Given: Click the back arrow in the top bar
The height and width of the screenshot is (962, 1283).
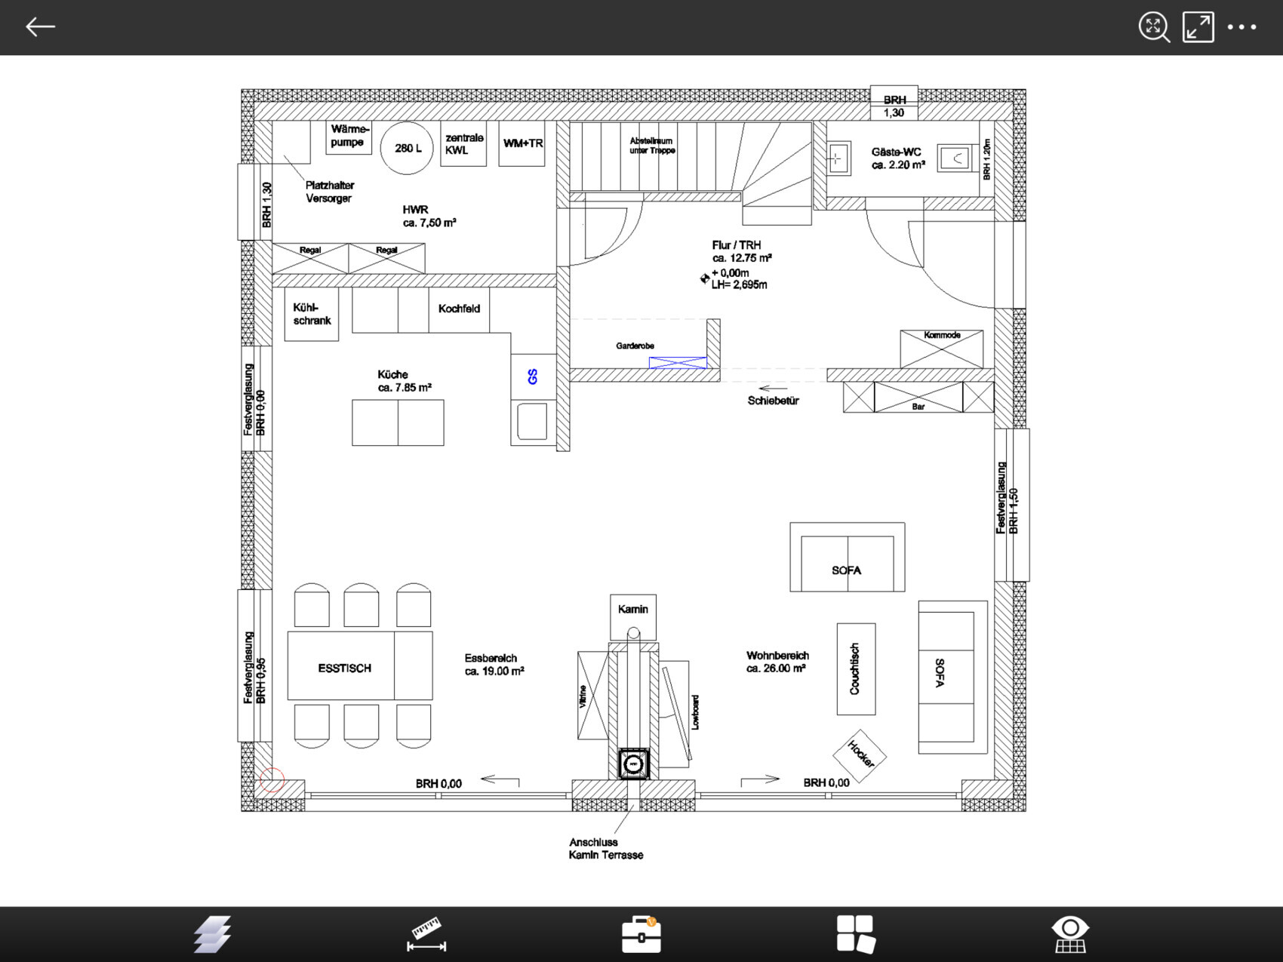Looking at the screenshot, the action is pos(40,27).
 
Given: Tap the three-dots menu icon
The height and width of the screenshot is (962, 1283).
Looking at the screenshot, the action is pos(1241,27).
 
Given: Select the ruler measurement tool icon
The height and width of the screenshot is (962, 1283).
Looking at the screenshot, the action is pos(426,934).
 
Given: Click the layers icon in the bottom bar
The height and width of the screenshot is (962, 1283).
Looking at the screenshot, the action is pos(212,934).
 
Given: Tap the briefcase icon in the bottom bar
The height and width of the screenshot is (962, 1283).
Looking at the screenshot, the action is pos(641,934).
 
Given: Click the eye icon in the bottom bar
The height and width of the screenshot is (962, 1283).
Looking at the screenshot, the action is pos(1070,934).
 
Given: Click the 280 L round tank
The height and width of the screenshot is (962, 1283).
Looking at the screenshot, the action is pos(407,148).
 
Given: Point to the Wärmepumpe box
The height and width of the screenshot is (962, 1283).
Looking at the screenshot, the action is pos(349,137).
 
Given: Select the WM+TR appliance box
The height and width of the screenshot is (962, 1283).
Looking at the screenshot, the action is pos(522,143).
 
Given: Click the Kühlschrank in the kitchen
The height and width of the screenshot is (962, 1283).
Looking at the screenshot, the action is pos(312,314).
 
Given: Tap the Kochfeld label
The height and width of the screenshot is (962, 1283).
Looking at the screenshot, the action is pos(459,309).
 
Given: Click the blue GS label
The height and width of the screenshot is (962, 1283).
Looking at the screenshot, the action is pos(533,377).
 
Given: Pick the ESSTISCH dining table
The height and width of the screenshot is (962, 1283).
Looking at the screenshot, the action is pos(360,666).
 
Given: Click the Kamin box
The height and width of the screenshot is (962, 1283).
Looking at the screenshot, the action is pos(633,616).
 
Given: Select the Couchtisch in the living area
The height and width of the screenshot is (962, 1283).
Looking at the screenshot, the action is pos(856,668).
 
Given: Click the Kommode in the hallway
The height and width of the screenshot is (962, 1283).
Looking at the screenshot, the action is pos(942,349).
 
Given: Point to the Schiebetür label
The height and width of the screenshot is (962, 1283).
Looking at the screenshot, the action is pos(773,401).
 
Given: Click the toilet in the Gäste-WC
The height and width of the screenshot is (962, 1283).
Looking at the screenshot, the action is pos(955,158).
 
